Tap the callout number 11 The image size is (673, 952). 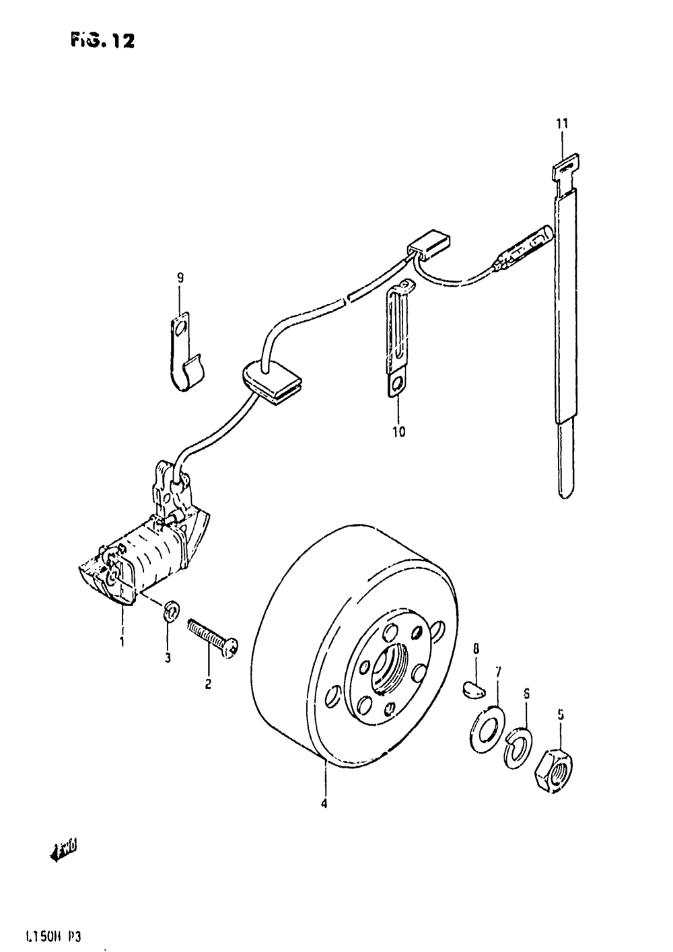pyautogui.click(x=562, y=124)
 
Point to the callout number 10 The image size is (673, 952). pyautogui.click(x=398, y=431)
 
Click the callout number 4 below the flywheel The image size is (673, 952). pyautogui.click(x=324, y=803)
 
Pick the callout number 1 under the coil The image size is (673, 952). pyautogui.click(x=122, y=642)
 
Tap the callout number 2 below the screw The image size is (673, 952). pyautogui.click(x=208, y=685)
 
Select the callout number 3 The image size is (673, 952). pyautogui.click(x=168, y=657)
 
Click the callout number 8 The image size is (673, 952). pyautogui.click(x=476, y=649)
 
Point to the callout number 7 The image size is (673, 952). pyautogui.click(x=498, y=671)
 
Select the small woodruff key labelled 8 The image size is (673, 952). pyautogui.click(x=474, y=687)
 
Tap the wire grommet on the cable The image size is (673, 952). pyautogui.click(x=271, y=382)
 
